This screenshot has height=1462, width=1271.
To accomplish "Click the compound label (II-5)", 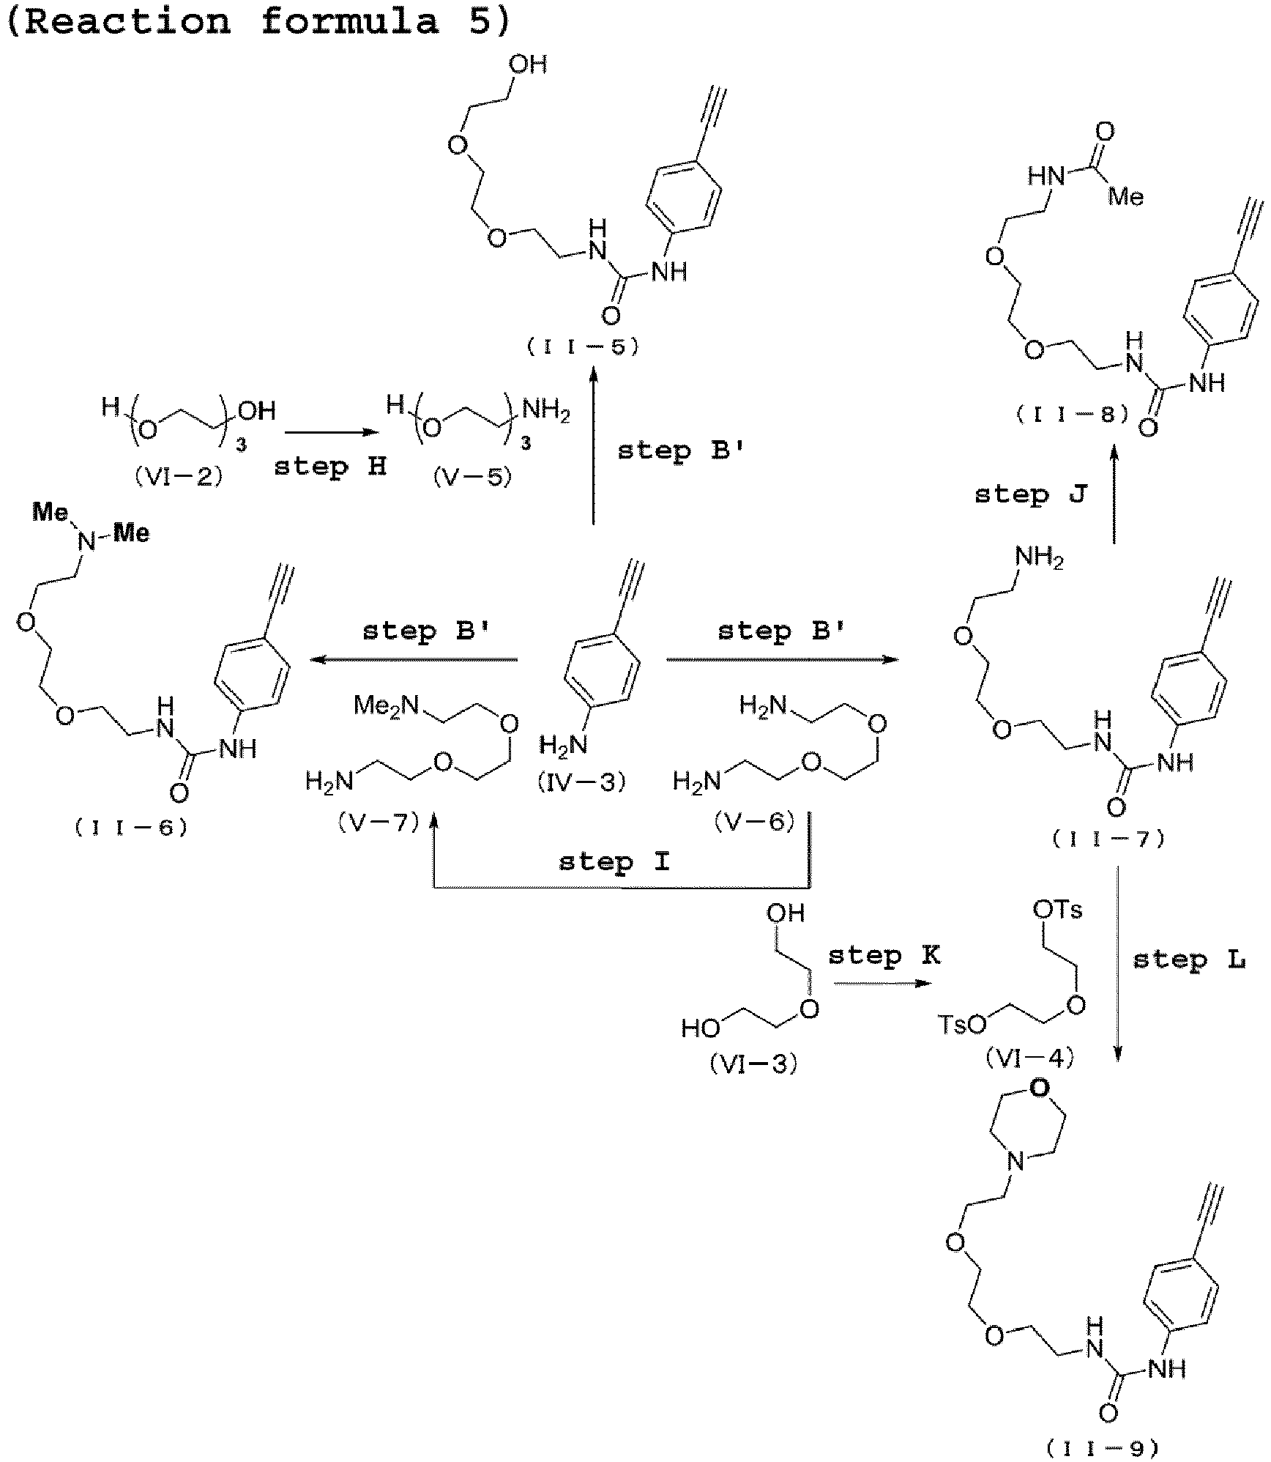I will tap(583, 347).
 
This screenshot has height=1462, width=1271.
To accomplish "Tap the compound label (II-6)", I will tap(131, 828).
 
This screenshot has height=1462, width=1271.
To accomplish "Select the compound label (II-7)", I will tap(1108, 839).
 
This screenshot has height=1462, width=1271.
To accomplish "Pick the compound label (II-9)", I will tap(1103, 1447).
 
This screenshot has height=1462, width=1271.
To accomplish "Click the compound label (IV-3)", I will tap(583, 782).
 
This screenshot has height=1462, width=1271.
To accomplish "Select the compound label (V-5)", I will tap(472, 478).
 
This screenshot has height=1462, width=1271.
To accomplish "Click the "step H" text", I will tap(330, 467).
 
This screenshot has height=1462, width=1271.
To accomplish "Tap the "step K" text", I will tap(884, 956).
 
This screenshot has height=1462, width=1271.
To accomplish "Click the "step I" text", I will tap(614, 862).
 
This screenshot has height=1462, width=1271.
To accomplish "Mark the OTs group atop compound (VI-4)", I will tap(1057, 910).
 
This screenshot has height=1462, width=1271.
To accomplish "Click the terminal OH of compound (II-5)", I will tap(528, 64).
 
